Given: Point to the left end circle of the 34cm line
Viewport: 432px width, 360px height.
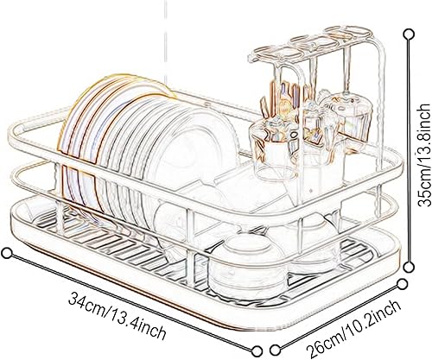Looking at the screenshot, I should [x=8, y=253].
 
